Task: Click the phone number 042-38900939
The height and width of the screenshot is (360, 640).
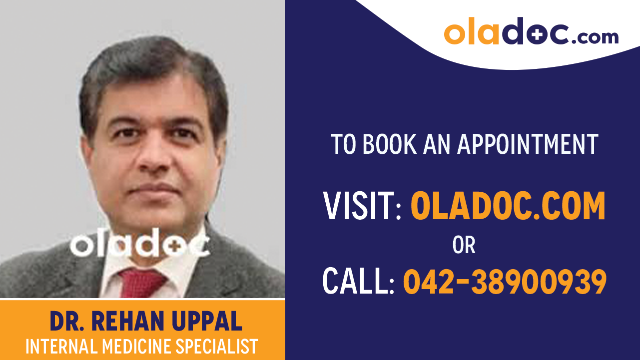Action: [505, 281]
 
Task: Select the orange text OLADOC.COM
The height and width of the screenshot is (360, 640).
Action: [508, 206]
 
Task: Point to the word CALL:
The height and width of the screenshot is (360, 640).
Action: [359, 281]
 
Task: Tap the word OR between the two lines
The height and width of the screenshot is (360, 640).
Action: [464, 245]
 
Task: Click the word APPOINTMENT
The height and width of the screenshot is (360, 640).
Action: [528, 144]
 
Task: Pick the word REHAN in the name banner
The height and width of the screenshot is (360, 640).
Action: [130, 322]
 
